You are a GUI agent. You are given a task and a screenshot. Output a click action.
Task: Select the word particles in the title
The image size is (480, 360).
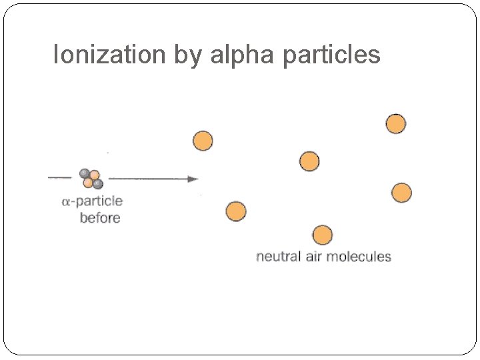(331, 55)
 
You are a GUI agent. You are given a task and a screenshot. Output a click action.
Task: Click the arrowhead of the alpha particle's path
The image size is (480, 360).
(193, 179)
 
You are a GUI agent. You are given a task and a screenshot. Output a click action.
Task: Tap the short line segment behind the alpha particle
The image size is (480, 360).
(60, 178)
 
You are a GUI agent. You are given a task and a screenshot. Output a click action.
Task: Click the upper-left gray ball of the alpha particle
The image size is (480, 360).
(85, 173)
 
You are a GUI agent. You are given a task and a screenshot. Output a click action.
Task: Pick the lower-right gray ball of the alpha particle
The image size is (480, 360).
(98, 184)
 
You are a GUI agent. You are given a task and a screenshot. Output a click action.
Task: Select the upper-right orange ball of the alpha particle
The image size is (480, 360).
(95, 175)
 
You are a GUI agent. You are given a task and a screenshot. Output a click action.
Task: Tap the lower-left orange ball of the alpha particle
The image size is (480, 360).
(88, 183)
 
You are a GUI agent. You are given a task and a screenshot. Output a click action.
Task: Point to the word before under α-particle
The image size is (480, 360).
(100, 217)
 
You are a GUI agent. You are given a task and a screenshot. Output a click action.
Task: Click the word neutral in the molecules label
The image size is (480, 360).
(279, 256)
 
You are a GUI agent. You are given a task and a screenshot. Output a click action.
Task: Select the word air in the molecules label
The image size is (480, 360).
(317, 256)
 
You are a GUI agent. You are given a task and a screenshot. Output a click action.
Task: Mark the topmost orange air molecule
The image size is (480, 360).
(395, 124)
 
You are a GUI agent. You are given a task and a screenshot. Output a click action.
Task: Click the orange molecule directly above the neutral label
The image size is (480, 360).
(323, 235)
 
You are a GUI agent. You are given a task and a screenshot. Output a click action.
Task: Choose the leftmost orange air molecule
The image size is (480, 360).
(203, 141)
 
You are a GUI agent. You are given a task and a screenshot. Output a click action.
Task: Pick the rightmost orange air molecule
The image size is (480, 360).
(401, 193)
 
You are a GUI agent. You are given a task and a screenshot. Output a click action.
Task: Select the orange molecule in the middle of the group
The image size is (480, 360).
(309, 161)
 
